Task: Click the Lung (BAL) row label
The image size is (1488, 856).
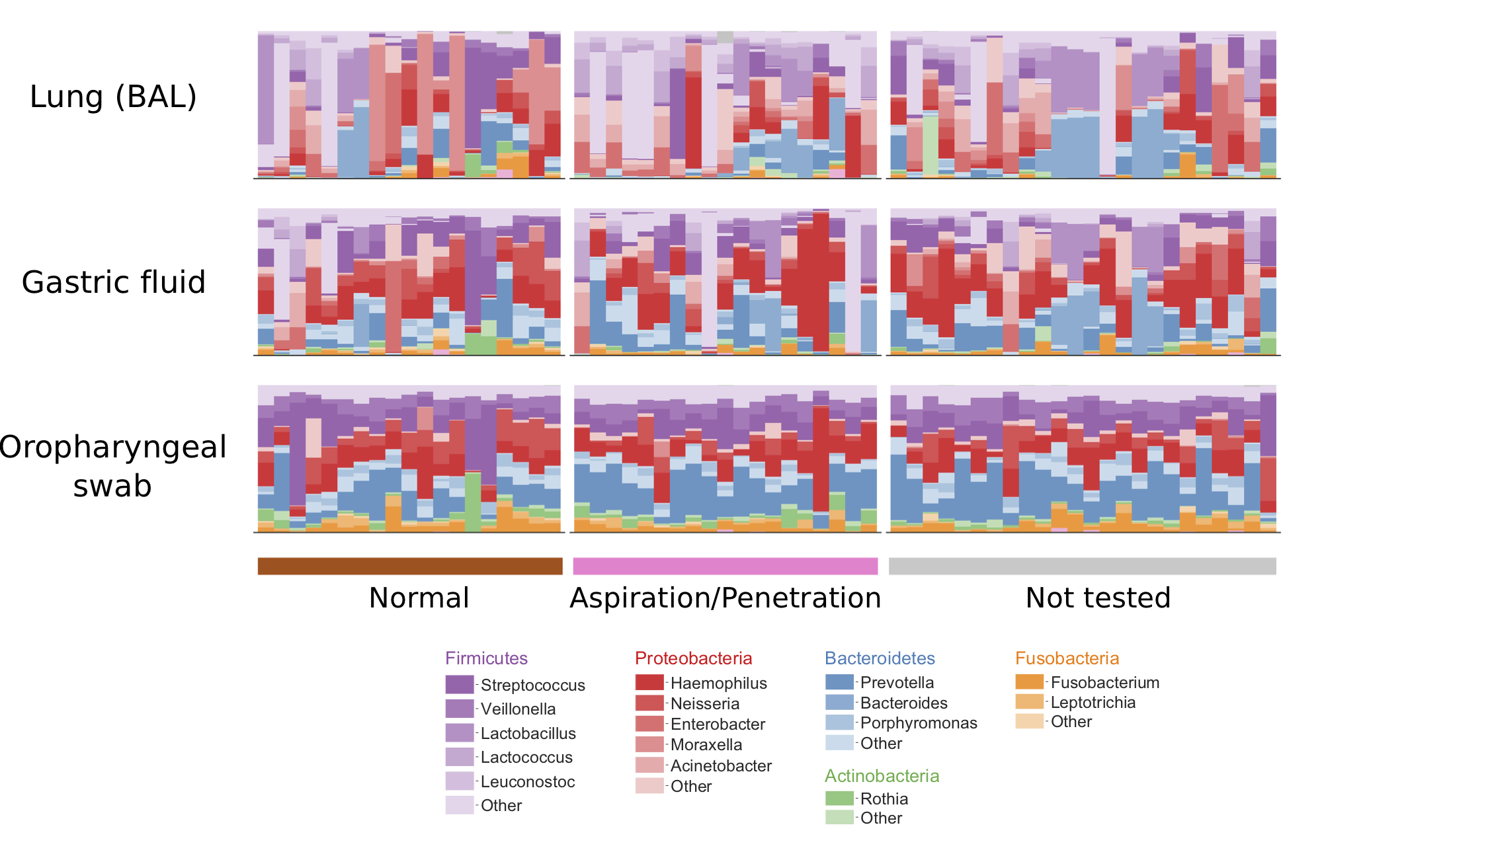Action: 113,97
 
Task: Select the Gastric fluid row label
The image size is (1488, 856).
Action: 113,282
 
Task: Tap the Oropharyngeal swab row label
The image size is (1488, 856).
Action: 113,466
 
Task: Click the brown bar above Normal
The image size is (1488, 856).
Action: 410,566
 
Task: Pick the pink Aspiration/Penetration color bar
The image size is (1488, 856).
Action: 725,566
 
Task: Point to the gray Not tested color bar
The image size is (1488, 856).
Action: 1082,566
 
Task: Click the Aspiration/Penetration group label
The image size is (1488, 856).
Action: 725,598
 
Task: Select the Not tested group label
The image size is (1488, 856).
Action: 1098,598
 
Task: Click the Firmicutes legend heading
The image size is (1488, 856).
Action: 486,658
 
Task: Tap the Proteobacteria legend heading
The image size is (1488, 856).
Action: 693,658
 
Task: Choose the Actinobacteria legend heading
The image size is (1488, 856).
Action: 882,776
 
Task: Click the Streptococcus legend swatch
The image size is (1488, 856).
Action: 460,684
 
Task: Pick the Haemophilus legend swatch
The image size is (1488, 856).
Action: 649,682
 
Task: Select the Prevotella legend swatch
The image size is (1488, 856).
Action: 839,682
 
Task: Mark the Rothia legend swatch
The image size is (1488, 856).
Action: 839,798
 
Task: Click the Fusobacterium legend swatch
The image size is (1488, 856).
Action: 1029,681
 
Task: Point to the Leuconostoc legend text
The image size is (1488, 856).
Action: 528,782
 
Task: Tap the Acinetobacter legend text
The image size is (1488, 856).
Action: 721,766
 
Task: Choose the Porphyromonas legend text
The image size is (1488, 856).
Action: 919,723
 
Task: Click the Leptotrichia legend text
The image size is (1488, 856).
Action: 1093,703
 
